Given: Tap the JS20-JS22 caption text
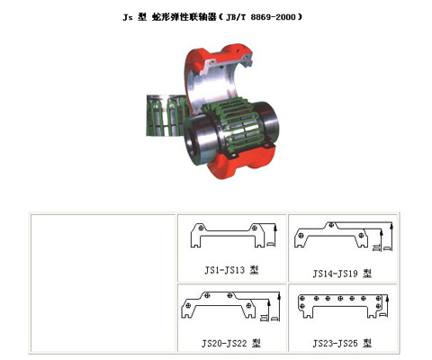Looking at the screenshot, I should tap(231, 343).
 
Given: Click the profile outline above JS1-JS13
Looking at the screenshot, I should tap(229, 238).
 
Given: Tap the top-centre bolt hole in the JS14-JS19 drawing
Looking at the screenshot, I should tap(332, 224).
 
